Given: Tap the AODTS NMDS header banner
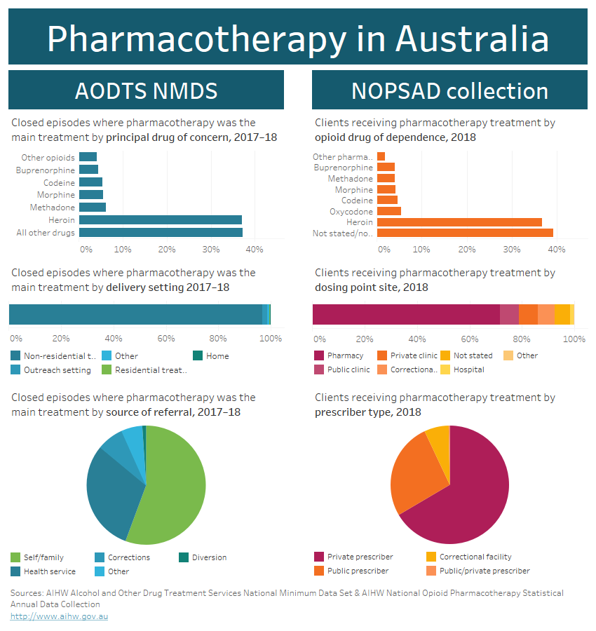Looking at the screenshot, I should tap(146, 90).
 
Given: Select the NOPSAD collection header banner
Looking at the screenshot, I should tap(449, 90).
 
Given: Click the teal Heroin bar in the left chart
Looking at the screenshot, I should tap(160, 220).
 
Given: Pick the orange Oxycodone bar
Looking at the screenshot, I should tap(388, 211).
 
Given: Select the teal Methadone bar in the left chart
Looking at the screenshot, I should tap(92, 208).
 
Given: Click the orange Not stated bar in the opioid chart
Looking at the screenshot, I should tap(465, 233).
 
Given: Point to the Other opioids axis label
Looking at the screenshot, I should tap(48, 158).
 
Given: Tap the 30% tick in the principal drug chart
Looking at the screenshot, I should tap(210, 250).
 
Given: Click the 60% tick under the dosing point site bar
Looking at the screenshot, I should tap(470, 339).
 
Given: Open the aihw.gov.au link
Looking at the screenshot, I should tap(59, 616).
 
